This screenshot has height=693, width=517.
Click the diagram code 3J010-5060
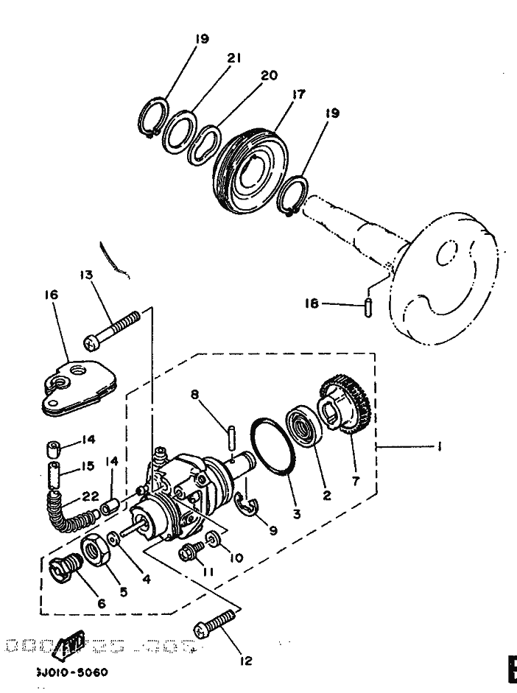(71, 672)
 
